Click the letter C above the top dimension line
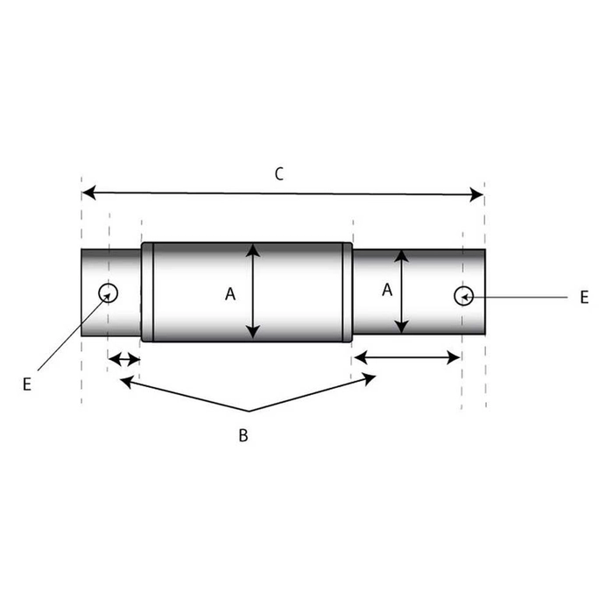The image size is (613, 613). [278, 173]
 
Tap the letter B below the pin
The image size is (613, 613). [244, 435]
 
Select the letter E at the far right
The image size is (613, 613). [584, 298]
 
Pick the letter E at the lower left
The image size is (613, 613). [27, 384]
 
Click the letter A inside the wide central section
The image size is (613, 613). [230, 294]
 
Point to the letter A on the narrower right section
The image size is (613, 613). [386, 290]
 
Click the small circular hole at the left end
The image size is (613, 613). [109, 292]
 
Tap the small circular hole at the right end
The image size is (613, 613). [463, 296]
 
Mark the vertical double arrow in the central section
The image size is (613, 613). [253, 292]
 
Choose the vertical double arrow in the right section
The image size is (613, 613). [401, 292]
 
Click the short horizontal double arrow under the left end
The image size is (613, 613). [123, 359]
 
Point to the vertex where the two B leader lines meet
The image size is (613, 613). [248, 411]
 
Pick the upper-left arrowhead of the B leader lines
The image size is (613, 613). [126, 380]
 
